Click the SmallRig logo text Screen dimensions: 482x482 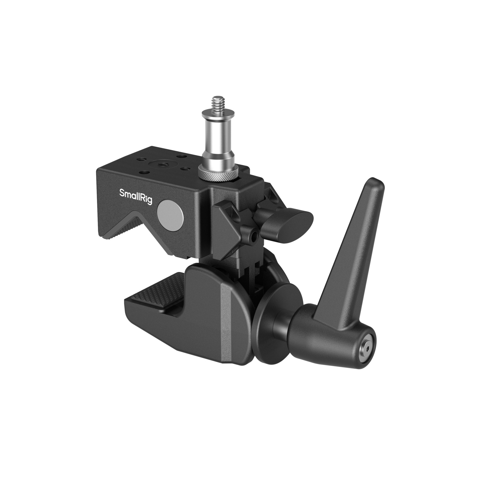pos(136,196)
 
